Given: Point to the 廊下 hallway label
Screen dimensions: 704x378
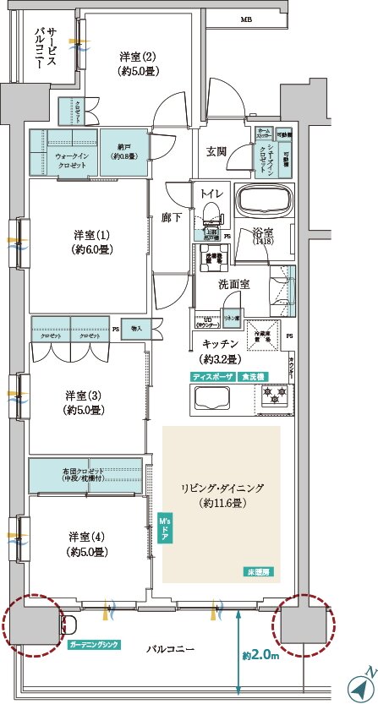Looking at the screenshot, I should pyautogui.click(x=172, y=217).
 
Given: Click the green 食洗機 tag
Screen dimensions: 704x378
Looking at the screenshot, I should pyautogui.click(x=253, y=376).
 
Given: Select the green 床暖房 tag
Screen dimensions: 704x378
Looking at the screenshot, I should pyautogui.click(x=260, y=571).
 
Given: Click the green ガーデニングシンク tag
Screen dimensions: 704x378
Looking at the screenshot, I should pyautogui.click(x=94, y=645).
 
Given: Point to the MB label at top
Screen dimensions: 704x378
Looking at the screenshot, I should pyautogui.click(x=246, y=19).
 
